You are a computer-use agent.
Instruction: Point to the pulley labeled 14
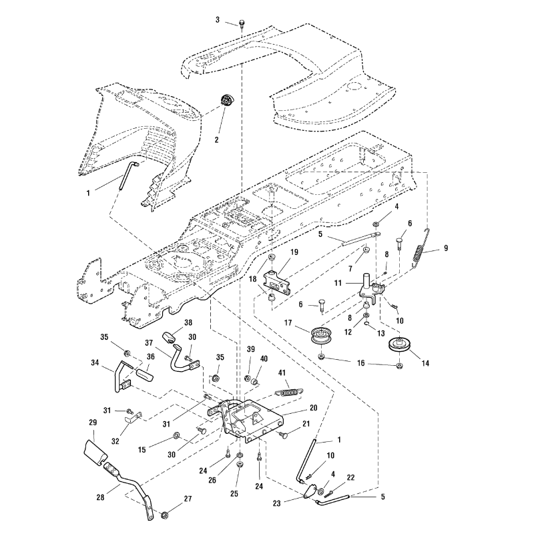pyautogui.click(x=398, y=346)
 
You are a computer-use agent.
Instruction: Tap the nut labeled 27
pyautogui.click(x=165, y=515)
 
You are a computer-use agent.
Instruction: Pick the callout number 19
pyautogui.click(x=294, y=253)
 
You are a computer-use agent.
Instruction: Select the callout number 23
pyautogui.click(x=295, y=505)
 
